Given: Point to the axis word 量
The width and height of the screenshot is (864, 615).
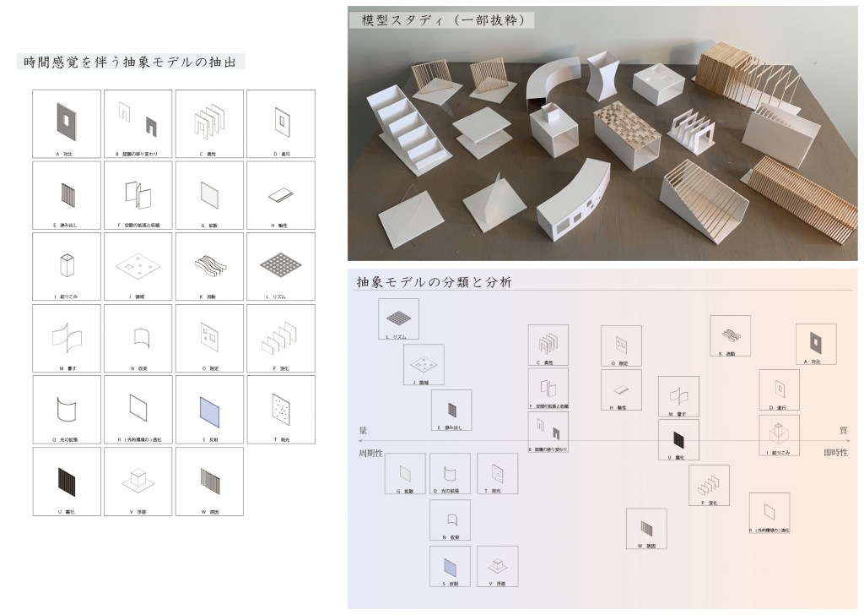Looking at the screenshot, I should tap(364, 430).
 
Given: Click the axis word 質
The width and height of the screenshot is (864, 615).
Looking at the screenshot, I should tap(843, 431).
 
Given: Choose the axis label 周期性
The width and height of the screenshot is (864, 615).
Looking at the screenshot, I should tap(372, 453).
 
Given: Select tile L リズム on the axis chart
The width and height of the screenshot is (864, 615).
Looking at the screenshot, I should tap(398, 319).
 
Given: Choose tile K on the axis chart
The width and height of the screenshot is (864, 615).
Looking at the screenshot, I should tap(730, 336).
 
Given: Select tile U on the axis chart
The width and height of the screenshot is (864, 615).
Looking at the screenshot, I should tap(678, 439).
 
